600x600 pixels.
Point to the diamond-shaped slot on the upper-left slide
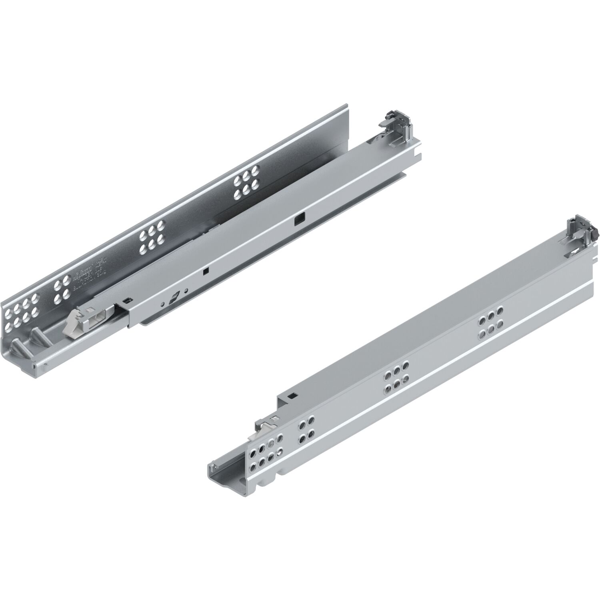[174, 298]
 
